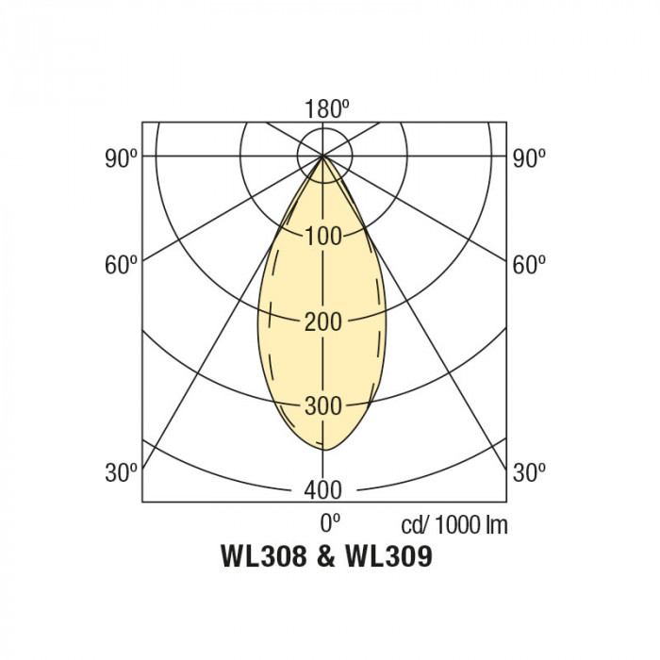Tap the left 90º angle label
[x=122, y=158]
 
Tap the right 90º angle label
[x=528, y=158]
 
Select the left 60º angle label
[x=122, y=264]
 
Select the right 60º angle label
[x=528, y=264]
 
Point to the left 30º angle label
[x=122, y=471]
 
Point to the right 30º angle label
[x=528, y=471]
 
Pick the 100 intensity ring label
[x=323, y=236]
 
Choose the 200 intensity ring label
[x=323, y=322]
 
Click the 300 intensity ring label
[x=323, y=406]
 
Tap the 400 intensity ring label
[x=323, y=489]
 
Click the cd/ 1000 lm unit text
[x=454, y=525]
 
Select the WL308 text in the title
[x=263, y=557]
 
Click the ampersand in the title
[x=326, y=557]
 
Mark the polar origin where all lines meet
[x=323, y=156]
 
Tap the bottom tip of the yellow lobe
[x=323, y=449]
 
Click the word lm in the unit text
[x=497, y=525]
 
